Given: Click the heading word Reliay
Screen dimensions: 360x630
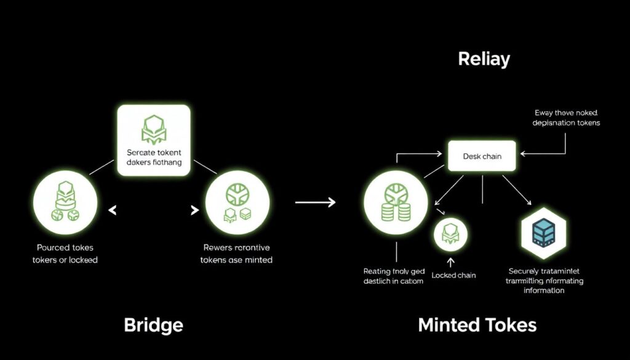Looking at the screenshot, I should (484, 60).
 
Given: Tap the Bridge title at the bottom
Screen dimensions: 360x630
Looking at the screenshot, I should (153, 324).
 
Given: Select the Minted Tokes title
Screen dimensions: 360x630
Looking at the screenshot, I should (477, 324).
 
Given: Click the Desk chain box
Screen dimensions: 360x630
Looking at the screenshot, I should (482, 156).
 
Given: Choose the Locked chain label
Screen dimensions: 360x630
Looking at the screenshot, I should (453, 275).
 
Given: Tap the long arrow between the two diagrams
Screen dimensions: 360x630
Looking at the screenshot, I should (315, 202).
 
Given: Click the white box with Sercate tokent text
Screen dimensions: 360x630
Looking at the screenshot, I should (154, 140).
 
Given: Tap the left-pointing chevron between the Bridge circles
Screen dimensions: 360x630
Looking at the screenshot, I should (112, 211).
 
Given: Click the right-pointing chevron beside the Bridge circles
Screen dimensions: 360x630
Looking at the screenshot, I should (195, 211).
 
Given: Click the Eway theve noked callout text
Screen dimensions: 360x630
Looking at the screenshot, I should (567, 118).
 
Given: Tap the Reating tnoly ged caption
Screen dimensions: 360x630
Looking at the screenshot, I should (394, 276).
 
